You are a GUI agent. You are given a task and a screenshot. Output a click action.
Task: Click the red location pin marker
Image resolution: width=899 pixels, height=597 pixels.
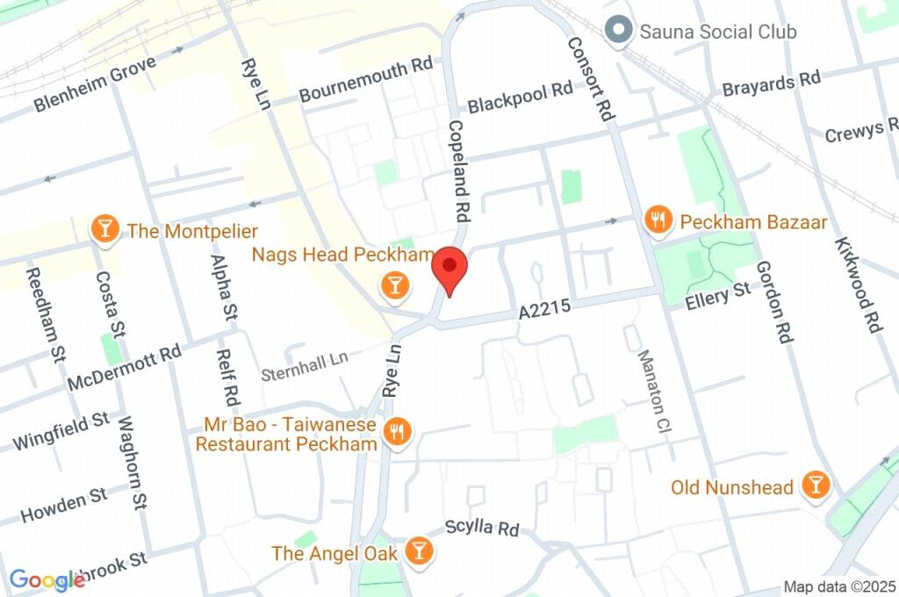[450, 269]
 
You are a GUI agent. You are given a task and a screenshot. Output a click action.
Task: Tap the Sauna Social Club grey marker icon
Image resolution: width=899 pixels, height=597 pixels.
[621, 31]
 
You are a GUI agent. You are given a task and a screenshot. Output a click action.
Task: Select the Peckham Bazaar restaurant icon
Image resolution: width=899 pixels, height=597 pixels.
[658, 221]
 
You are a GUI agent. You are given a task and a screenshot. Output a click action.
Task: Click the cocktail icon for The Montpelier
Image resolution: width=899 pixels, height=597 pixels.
[105, 231]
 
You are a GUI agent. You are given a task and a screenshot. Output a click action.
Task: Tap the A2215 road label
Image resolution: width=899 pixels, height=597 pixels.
[544, 310]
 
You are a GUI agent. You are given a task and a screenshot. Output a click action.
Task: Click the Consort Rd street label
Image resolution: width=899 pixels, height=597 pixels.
[588, 79]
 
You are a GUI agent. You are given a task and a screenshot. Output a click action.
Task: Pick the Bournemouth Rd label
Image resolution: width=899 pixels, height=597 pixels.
[366, 81]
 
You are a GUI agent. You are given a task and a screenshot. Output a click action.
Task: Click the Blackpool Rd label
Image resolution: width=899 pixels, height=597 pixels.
[520, 98]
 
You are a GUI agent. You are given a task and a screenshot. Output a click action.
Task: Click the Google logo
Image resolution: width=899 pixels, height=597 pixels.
[47, 579]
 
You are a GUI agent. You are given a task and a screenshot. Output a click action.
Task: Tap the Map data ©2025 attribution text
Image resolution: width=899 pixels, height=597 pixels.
[839, 586]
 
